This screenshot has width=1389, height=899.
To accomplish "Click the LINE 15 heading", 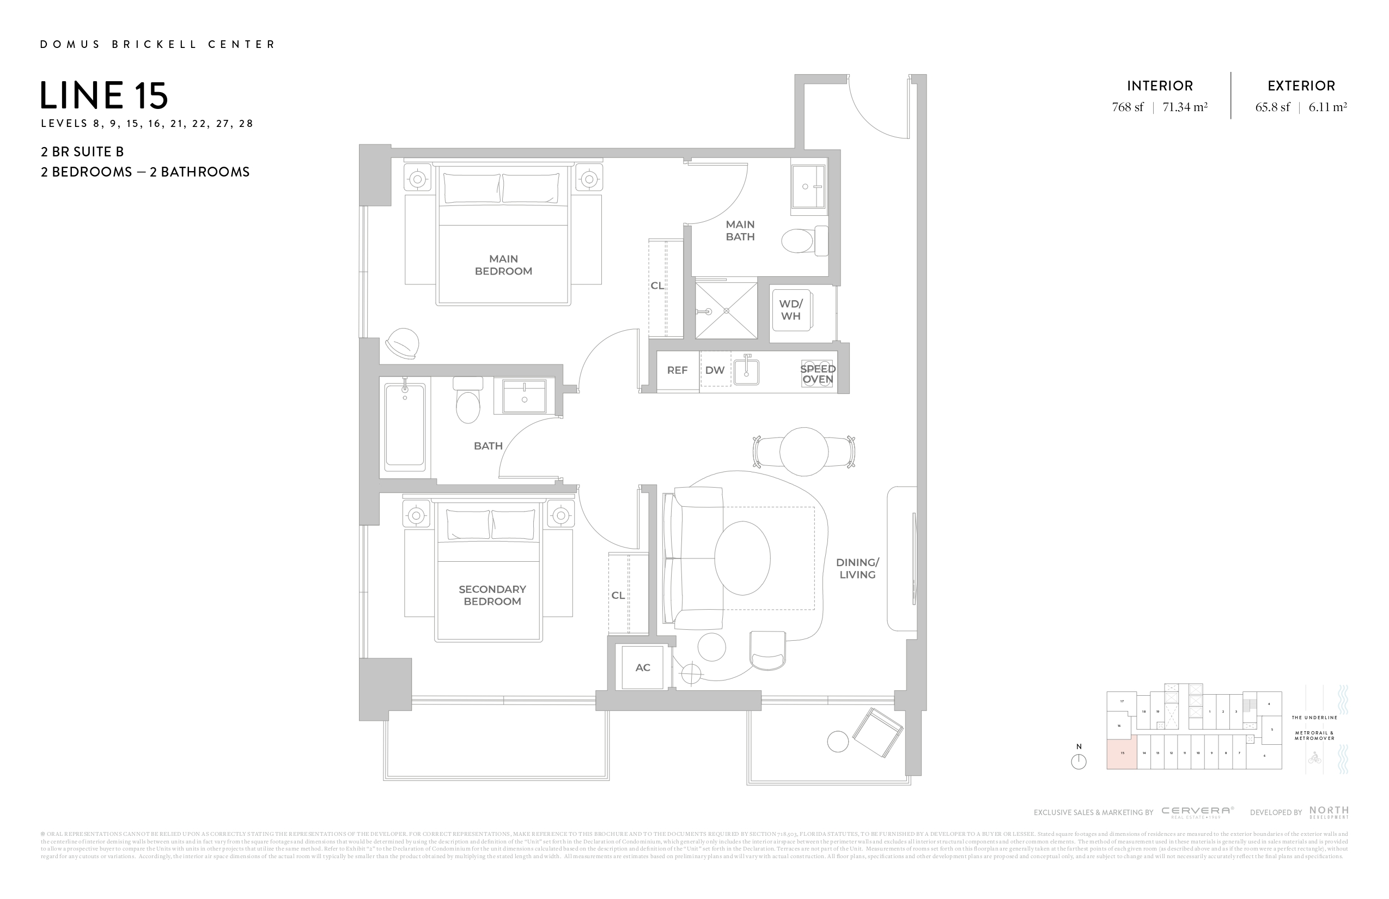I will click(104, 96).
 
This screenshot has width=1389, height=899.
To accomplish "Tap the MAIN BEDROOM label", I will click(503, 265).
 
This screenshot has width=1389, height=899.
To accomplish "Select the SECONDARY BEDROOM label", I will click(492, 595).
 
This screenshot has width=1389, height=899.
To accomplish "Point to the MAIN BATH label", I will click(740, 230).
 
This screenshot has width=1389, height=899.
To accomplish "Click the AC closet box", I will click(643, 667).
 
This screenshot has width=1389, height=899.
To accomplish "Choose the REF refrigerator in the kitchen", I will click(677, 370).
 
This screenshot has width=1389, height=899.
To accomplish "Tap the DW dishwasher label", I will click(714, 370).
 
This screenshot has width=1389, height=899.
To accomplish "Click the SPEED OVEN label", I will click(818, 374).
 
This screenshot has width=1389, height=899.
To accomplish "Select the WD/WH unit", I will click(791, 310).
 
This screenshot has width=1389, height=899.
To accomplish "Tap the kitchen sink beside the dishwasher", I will click(746, 371).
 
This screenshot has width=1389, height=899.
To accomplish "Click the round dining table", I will click(803, 451).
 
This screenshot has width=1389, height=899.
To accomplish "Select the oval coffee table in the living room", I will click(742, 558).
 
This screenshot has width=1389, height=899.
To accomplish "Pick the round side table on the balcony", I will click(838, 742).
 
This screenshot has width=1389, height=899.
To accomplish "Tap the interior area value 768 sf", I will click(1128, 107).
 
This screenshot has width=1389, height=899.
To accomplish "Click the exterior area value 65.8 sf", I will click(1272, 107).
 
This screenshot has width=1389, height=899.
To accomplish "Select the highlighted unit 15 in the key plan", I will click(1122, 753).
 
